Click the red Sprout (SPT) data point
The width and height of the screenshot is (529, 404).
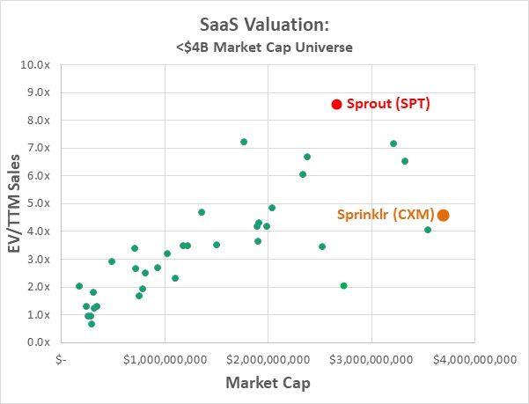[336, 104]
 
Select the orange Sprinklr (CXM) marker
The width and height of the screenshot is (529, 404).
[444, 215]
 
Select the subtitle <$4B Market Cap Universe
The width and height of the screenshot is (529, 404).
[264, 47]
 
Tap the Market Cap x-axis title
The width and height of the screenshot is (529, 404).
[268, 383]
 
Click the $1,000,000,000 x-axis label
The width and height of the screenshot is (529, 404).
[165, 359]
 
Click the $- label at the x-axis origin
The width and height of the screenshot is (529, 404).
[60, 359]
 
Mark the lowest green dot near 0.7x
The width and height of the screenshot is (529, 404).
[92, 324]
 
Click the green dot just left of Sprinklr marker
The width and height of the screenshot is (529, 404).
[428, 230]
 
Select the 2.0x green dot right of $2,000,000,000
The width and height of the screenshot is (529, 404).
[343, 286]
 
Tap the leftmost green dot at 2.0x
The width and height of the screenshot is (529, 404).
[79, 286]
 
